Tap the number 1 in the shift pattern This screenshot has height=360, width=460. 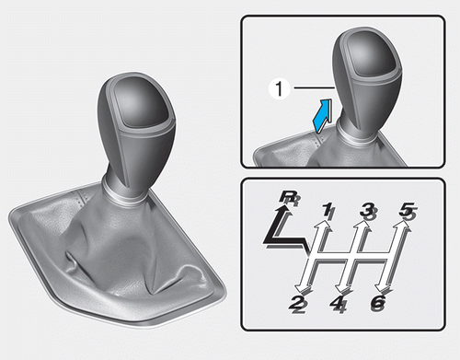click(329, 211)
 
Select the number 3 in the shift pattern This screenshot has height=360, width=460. click(368, 211)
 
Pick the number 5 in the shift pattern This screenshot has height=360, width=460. click(408, 211)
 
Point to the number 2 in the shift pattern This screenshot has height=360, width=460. click(298, 304)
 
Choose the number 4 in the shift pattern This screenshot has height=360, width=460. click(339, 304)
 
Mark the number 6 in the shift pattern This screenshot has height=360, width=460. click(378, 304)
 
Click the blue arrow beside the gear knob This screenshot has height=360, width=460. click(323, 116)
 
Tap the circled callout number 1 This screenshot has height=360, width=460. click(279, 89)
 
